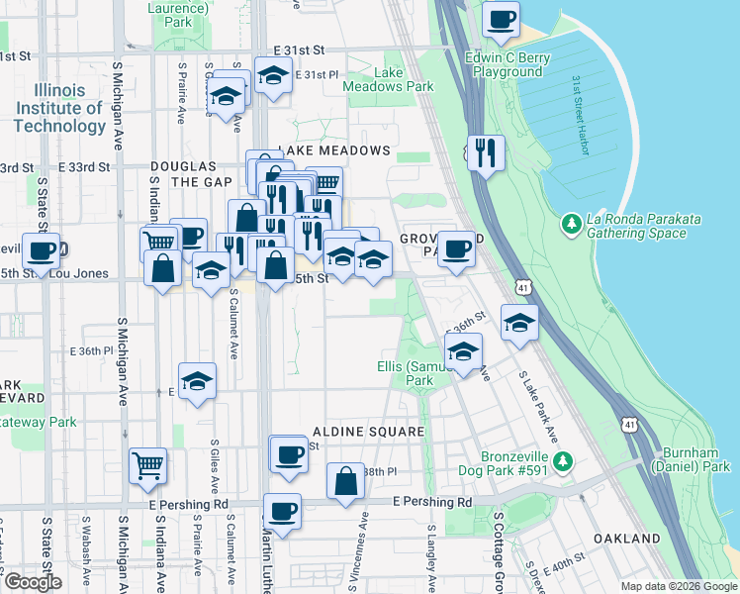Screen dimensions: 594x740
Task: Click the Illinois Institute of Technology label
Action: [59, 108]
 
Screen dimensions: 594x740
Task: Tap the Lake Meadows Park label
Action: [389, 79]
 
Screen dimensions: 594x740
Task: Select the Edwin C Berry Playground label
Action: [508, 64]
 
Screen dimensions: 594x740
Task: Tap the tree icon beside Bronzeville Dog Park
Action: [563, 461]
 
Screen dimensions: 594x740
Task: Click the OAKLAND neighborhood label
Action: [626, 539]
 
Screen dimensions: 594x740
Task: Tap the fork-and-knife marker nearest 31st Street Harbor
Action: [484, 152]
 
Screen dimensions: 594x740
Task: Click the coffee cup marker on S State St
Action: [42, 251]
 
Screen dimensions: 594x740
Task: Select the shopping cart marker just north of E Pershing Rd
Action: [146, 463]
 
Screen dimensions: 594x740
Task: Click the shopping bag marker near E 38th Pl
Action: [346, 483]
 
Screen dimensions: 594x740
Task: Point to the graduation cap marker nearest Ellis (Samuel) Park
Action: [463, 350]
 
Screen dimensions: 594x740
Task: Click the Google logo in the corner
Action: [32, 582]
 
